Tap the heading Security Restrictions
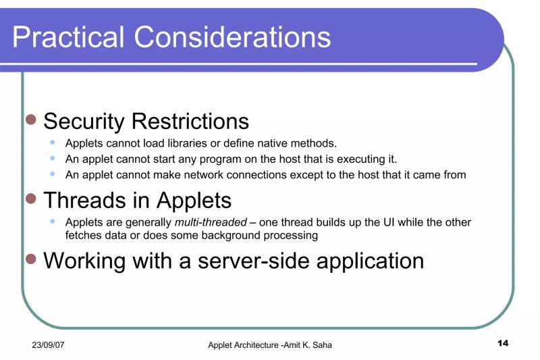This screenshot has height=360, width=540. click(146, 122)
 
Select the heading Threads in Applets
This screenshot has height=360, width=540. click(137, 200)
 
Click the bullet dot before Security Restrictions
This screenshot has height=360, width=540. click(30, 120)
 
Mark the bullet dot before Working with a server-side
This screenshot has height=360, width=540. click(30, 259)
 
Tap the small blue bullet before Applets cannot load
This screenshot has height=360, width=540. click(53, 143)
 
